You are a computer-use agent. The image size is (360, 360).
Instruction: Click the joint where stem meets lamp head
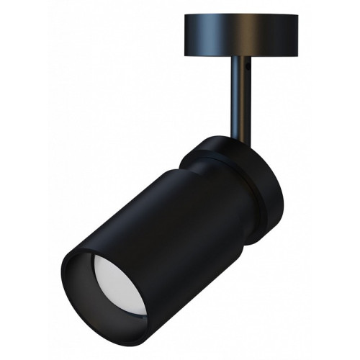click(x=236, y=138)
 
